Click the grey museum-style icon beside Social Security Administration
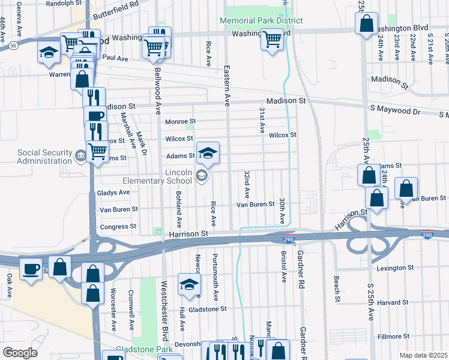(x=80, y=157)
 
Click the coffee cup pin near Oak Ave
(x=31, y=269)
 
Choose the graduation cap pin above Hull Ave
(x=189, y=285)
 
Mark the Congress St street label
(x=118, y=227)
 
